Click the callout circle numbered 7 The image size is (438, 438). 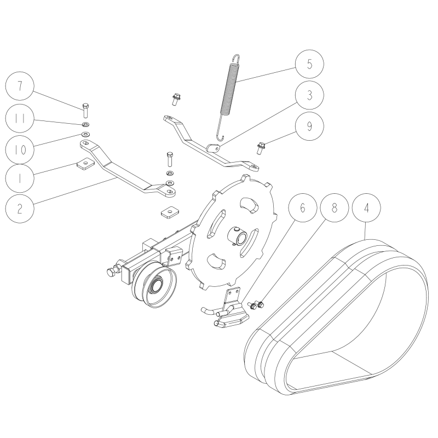coord(20,86)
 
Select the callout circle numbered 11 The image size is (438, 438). coord(20,118)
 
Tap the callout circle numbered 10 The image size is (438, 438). coord(20,149)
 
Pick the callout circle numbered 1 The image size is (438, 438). coord(20,178)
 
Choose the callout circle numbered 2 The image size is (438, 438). coord(20,208)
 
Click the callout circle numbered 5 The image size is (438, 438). coord(309,64)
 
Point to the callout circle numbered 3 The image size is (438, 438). coord(309,95)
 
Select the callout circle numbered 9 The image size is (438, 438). coord(309,126)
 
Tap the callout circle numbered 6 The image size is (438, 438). coord(303,208)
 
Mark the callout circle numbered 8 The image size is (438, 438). coord(335,208)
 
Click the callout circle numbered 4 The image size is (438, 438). coord(366,208)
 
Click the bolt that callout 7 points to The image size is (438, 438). coord(85,111)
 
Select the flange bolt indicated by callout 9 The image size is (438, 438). coord(261,148)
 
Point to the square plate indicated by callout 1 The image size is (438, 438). coord(85,165)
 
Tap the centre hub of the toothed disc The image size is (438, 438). coord(237,235)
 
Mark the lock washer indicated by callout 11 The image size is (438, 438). coord(85,124)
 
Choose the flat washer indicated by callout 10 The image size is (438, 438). coord(85,134)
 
